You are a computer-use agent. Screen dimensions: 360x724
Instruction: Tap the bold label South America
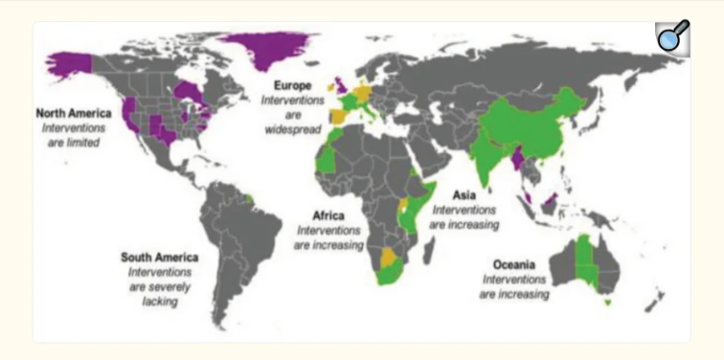[159, 258]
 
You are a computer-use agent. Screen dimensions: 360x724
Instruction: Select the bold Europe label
[291, 85]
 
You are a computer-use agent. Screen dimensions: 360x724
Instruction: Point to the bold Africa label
[329, 216]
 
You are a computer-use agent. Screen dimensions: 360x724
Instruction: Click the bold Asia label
[464, 195]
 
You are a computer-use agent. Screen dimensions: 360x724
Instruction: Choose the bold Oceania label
[515, 264]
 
